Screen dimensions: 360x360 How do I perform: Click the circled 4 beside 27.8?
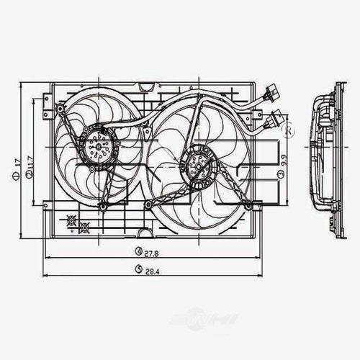[138, 251]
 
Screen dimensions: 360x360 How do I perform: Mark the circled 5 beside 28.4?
[138, 270]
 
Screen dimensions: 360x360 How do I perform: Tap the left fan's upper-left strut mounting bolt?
[62, 113]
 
